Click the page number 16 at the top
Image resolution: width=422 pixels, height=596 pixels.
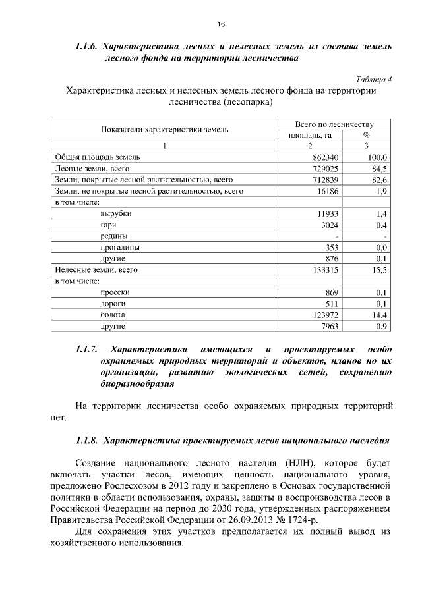coord(222,24)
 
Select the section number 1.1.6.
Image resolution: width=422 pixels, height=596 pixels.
coord(86,47)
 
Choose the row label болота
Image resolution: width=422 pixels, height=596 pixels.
coord(113,315)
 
